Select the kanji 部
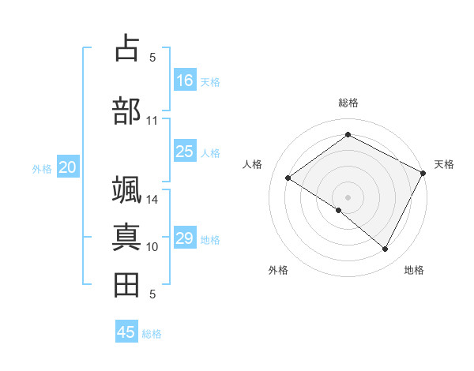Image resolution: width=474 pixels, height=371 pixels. [126, 110]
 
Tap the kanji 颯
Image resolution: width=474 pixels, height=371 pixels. [126, 190]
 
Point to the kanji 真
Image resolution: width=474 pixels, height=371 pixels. [126, 237]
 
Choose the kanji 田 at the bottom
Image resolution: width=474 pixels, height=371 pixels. [126, 284]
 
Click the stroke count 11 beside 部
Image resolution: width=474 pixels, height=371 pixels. [152, 121]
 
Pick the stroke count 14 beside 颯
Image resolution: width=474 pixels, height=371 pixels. [152, 200]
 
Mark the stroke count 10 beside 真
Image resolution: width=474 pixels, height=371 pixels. [152, 247]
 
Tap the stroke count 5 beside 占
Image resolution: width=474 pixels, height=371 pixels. [152, 57]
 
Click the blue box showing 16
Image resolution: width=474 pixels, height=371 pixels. [185, 81]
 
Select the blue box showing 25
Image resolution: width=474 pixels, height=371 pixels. [185, 152]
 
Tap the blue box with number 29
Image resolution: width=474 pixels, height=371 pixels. [185, 238]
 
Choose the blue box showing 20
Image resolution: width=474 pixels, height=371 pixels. [68, 167]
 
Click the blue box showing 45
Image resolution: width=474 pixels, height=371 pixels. [126, 332]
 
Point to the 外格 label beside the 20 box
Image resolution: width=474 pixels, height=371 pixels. [42, 168]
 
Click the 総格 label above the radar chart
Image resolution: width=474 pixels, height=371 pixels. [348, 103]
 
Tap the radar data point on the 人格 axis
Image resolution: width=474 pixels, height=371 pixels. [288, 178]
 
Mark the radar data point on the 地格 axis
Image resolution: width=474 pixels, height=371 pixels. [386, 249]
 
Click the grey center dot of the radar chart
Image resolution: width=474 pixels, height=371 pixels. [348, 197]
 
